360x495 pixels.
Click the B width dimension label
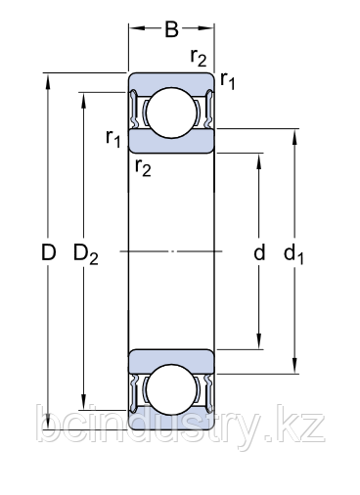[171, 29]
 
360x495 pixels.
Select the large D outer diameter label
[47, 253]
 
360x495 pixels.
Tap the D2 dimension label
[87, 254]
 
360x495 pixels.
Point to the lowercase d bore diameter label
[259, 254]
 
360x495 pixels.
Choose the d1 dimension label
[294, 254]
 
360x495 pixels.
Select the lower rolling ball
[172, 391]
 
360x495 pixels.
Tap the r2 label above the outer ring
[199, 59]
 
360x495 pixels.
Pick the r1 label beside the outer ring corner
[228, 81]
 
